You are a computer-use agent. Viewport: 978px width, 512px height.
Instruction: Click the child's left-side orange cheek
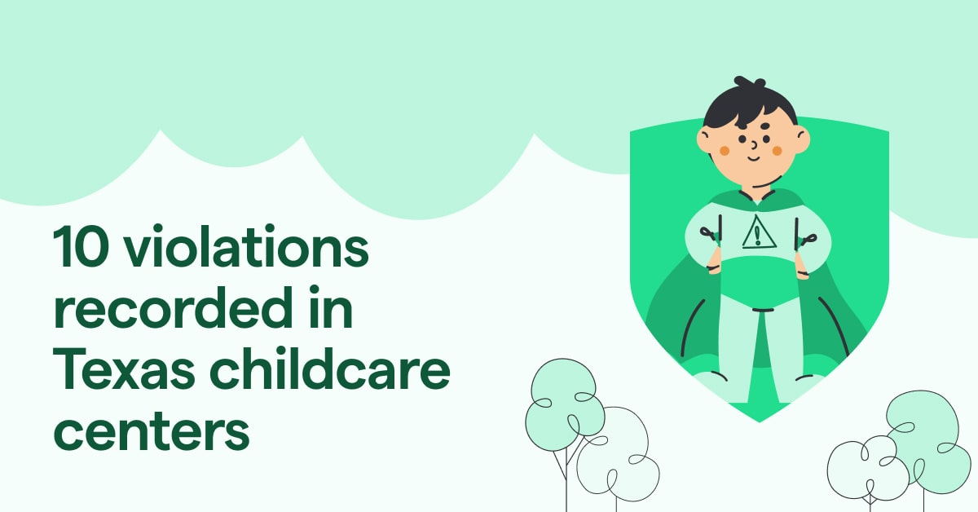click(x=725, y=152)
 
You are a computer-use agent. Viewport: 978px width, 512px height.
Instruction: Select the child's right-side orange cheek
click(x=778, y=151)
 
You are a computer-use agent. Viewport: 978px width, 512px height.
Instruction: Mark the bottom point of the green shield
click(x=759, y=421)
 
